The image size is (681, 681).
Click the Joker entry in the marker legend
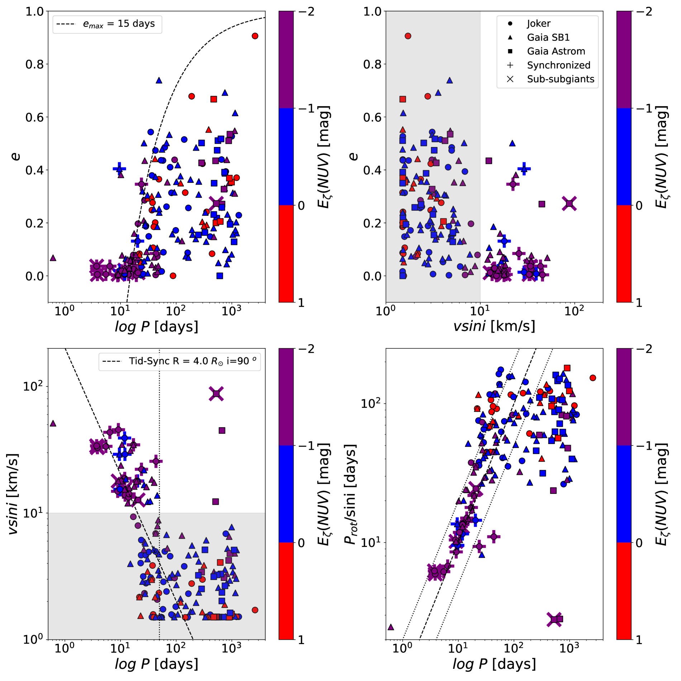[538, 24]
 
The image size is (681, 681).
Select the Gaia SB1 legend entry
[548, 38]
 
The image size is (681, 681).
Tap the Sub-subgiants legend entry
[560, 79]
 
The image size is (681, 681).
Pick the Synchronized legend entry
[558, 65]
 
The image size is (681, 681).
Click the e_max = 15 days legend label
[119, 24]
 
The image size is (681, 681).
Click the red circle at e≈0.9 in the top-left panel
[255, 36]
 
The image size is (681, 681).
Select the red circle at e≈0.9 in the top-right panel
[408, 36]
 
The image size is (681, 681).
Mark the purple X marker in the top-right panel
[569, 204]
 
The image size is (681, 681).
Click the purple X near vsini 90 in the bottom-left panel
[216, 394]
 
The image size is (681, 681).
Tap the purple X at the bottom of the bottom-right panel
[554, 619]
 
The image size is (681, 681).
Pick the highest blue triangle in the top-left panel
[159, 81]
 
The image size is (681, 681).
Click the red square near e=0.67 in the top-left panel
[214, 99]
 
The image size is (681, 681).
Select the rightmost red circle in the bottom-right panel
[593, 378]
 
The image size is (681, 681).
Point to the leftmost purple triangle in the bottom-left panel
[53, 423]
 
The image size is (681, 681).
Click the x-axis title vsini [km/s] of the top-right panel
[494, 326]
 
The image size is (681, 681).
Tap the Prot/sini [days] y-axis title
[351, 495]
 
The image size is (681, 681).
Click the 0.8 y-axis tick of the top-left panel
[34, 65]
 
